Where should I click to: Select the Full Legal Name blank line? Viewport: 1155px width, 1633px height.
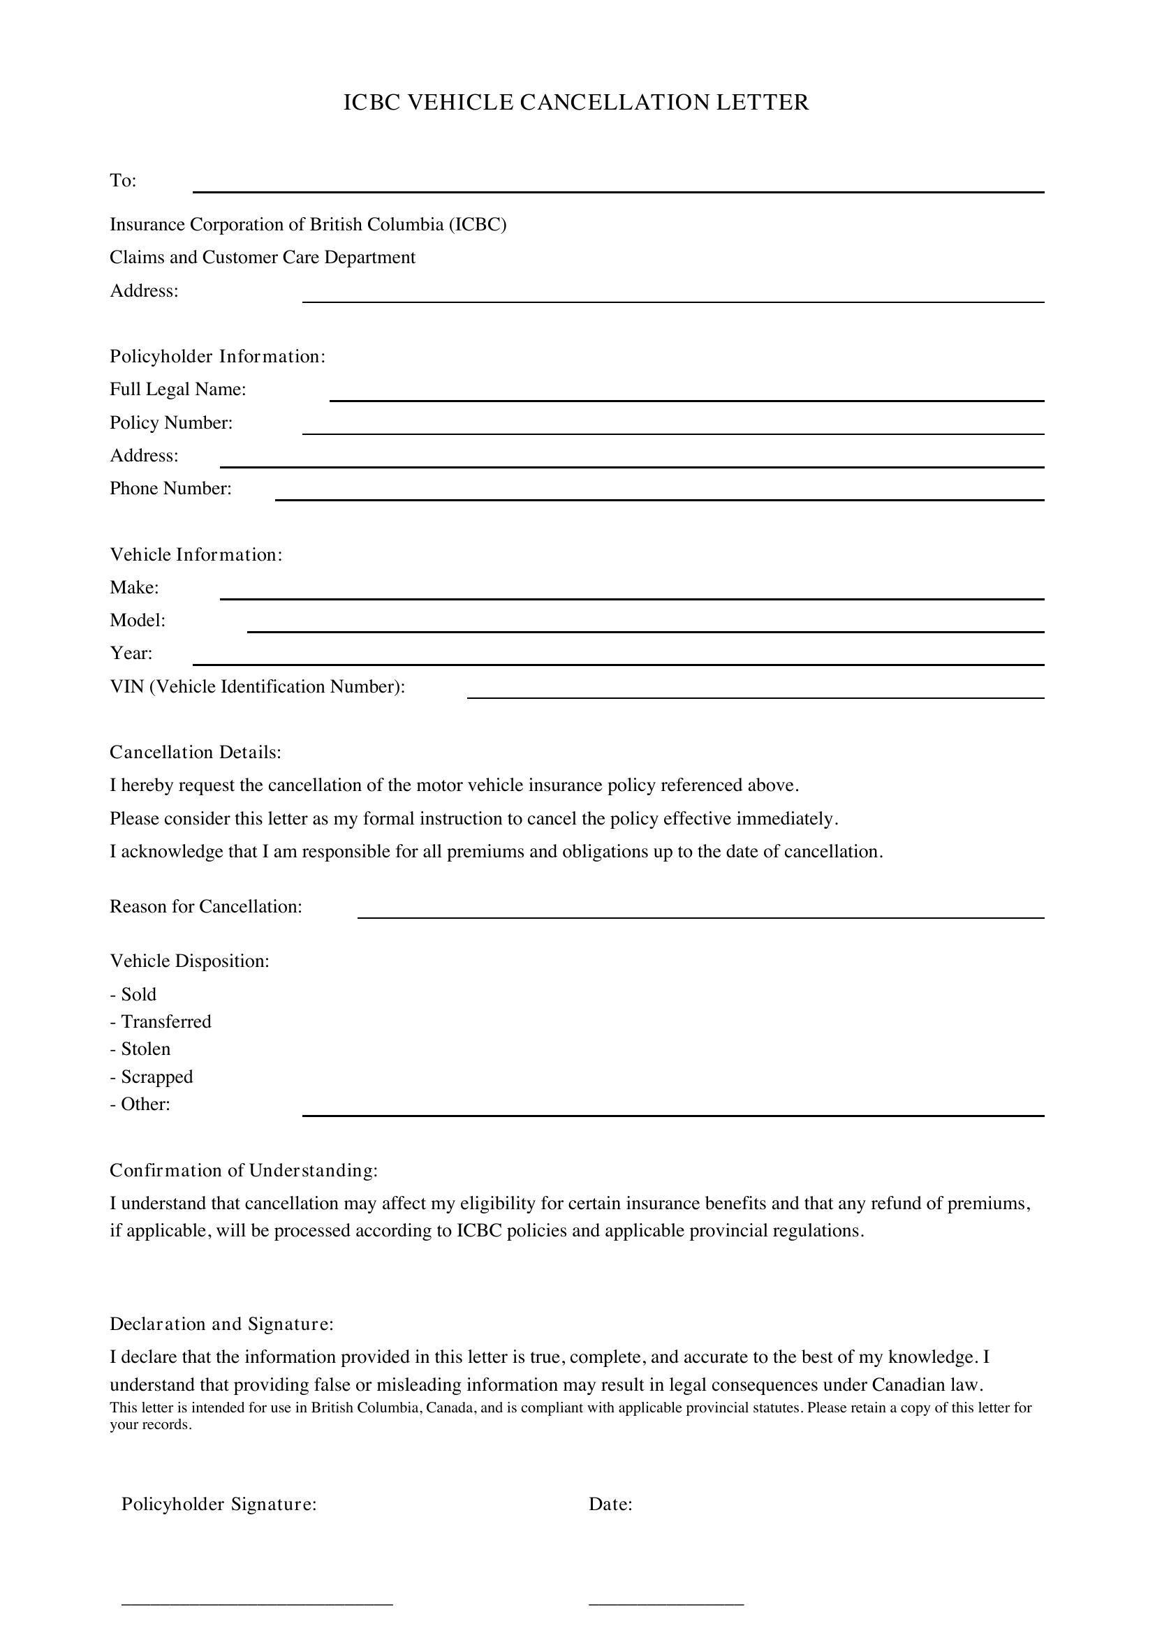point(686,400)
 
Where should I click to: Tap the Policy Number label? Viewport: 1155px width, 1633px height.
point(170,422)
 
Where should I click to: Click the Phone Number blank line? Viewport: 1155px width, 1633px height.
point(659,498)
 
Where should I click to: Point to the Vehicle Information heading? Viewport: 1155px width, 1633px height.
point(196,554)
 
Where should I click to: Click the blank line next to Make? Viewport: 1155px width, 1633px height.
point(631,598)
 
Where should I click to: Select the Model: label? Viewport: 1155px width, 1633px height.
point(138,620)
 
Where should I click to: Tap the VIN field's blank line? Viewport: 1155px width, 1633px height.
point(755,697)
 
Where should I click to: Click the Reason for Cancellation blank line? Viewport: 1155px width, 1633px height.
point(700,917)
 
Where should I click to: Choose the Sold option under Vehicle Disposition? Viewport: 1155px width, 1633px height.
point(138,994)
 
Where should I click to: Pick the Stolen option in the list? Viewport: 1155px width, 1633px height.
point(145,1049)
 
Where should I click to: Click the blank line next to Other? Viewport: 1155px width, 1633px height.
point(672,1114)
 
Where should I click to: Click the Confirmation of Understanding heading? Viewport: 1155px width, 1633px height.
point(243,1170)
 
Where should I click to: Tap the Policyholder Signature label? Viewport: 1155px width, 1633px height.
point(219,1505)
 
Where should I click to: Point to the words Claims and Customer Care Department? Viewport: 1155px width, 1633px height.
point(262,258)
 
